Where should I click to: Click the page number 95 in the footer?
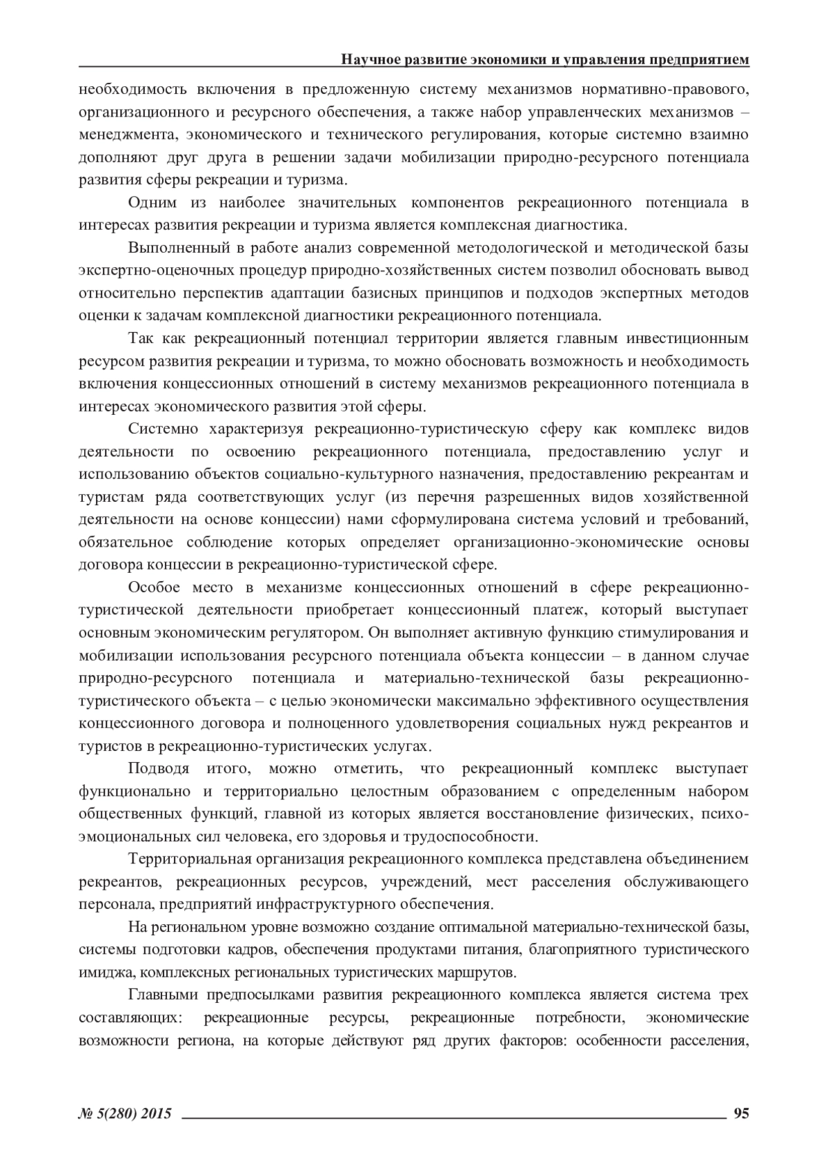tap(741, 1113)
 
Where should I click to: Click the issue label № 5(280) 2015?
tap(125, 1113)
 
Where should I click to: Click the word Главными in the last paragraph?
tap(162, 995)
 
